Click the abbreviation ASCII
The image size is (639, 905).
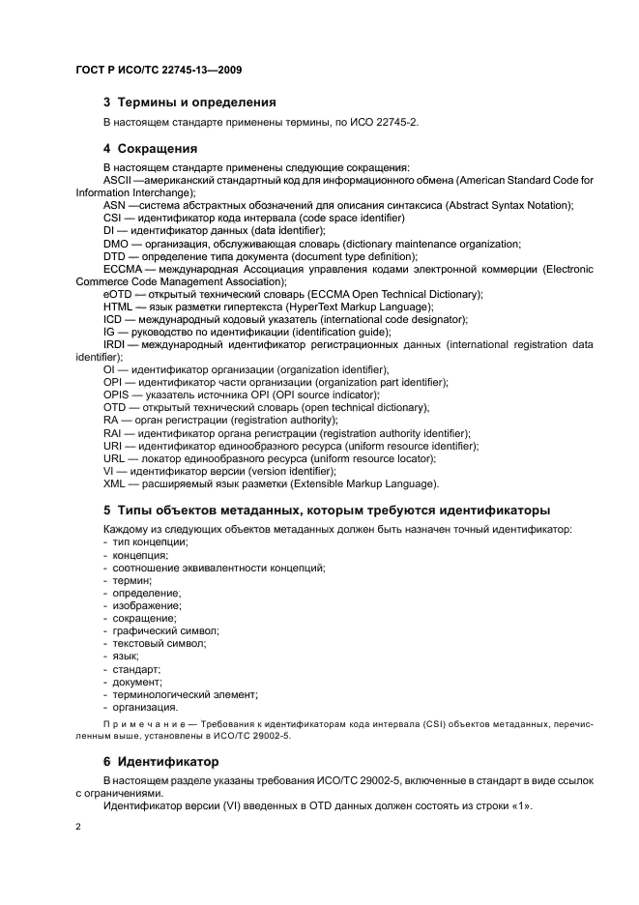[x=117, y=181]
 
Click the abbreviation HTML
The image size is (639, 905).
[x=119, y=307]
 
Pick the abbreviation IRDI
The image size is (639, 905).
[x=115, y=344]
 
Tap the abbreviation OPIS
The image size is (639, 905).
[x=118, y=394]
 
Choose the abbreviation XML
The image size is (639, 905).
[x=116, y=483]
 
